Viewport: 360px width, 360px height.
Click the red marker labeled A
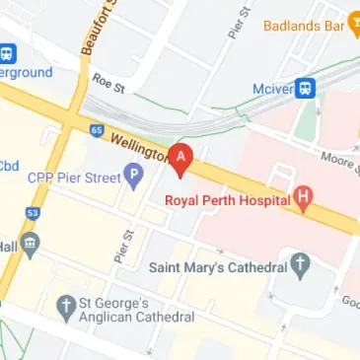181,158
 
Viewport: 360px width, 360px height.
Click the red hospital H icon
305,199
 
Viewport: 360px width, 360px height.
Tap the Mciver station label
274,87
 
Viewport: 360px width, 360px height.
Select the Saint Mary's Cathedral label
217,266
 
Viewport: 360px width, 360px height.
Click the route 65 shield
97,129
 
